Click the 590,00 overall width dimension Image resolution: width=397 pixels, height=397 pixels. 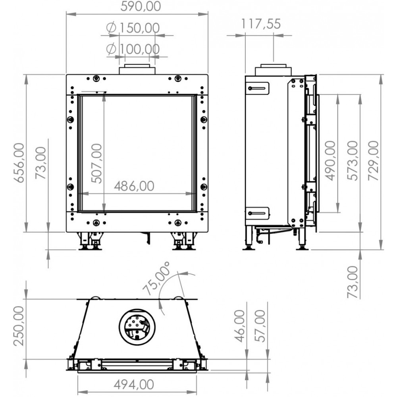(x=141, y=7)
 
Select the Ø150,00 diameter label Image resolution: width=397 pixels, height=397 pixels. (x=133, y=28)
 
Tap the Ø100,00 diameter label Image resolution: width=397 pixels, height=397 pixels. (x=133, y=49)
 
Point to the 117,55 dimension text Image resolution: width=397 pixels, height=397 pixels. (x=260, y=24)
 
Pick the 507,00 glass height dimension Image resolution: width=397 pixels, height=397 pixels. (x=97, y=163)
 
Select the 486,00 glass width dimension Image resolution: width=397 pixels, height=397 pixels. (x=134, y=186)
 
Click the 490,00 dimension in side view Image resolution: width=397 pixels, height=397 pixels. (x=330, y=160)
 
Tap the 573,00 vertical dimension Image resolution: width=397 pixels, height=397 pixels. (x=353, y=160)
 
